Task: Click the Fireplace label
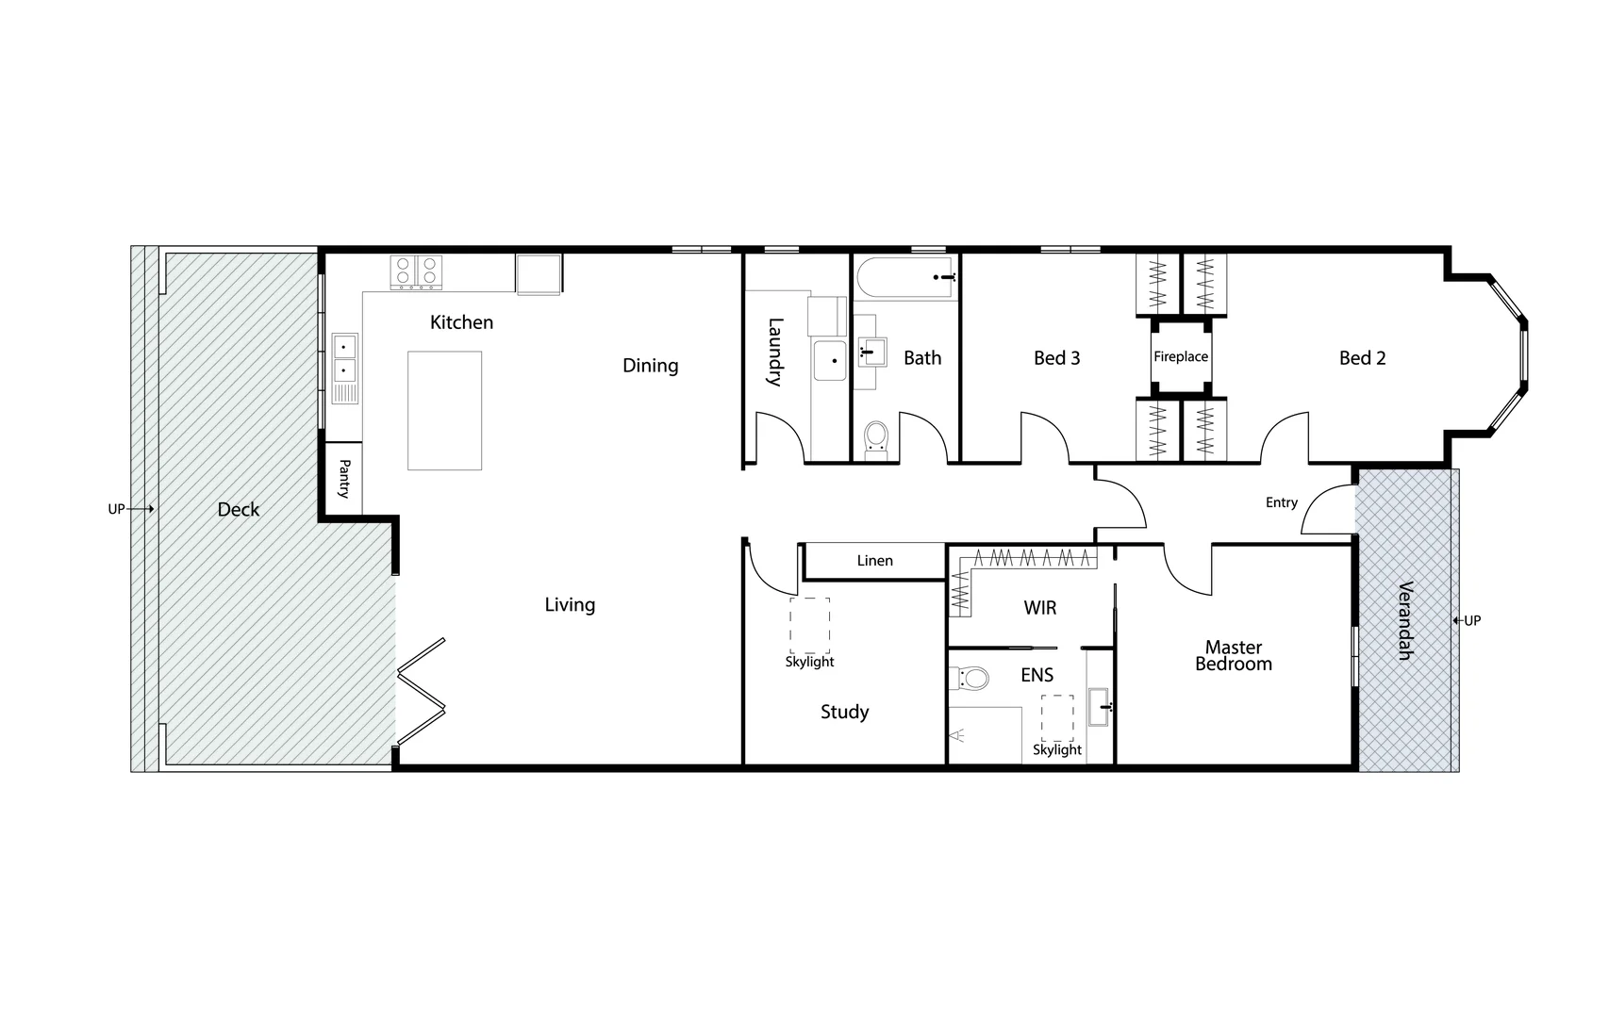[x=1180, y=356]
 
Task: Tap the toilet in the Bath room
[x=876, y=438]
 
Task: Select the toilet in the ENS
[x=970, y=678]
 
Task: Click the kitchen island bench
[x=444, y=410]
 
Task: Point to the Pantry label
[x=344, y=479]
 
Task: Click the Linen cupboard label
[x=874, y=561]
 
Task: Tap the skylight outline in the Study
[x=810, y=626]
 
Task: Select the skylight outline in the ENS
[x=1057, y=718]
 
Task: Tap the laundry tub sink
[x=830, y=361]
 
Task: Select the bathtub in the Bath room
[x=905, y=278]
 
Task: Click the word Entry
[x=1281, y=502]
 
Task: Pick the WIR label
[x=1039, y=608]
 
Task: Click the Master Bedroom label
[x=1233, y=655]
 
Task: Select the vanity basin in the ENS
[x=1100, y=706]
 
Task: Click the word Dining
[x=650, y=365]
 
